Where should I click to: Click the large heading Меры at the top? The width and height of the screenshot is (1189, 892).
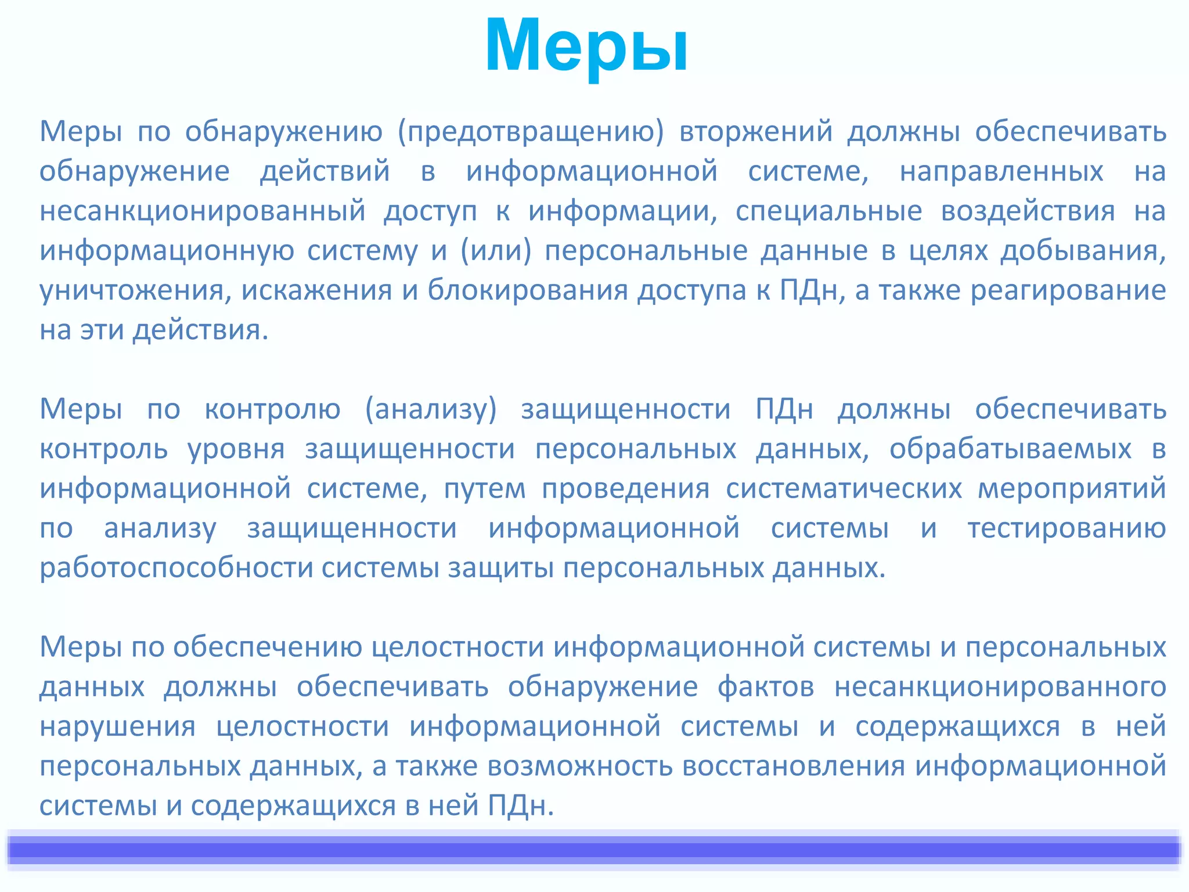pos(586,46)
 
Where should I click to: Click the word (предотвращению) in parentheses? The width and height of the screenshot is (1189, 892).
pos(531,131)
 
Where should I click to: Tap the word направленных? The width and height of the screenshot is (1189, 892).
pos(1001,171)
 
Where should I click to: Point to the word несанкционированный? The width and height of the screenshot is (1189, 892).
pos(203,211)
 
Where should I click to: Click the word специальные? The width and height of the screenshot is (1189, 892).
pos(828,211)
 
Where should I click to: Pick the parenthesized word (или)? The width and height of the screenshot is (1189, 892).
pos(496,251)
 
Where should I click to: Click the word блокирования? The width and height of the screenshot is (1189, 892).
pos(528,290)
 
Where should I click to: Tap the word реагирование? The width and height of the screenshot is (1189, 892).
pos(1068,290)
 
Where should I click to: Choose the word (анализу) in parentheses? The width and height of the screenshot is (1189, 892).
pos(431,409)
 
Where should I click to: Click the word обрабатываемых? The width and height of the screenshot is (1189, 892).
pos(1010,449)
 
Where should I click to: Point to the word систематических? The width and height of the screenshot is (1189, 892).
pos(844,488)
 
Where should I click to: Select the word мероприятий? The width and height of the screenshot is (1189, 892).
pos(1072,488)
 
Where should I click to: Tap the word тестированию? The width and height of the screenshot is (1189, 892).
pos(1067,528)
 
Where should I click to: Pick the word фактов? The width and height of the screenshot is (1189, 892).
pos(765,687)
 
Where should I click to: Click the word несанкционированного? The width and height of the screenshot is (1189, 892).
pos(1000,687)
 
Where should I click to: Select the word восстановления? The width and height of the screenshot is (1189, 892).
pos(793,766)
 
